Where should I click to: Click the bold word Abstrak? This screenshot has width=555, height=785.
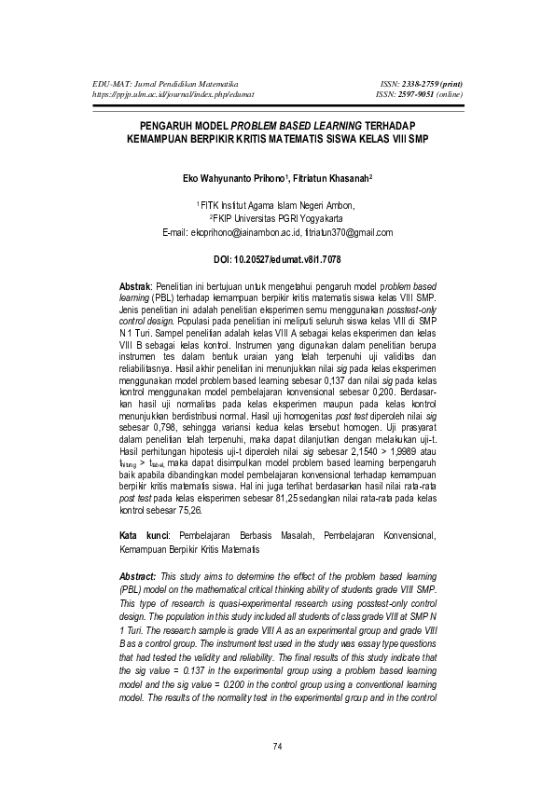138,283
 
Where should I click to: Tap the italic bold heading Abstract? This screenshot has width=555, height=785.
140,575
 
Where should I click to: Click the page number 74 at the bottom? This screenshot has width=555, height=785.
277,746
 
